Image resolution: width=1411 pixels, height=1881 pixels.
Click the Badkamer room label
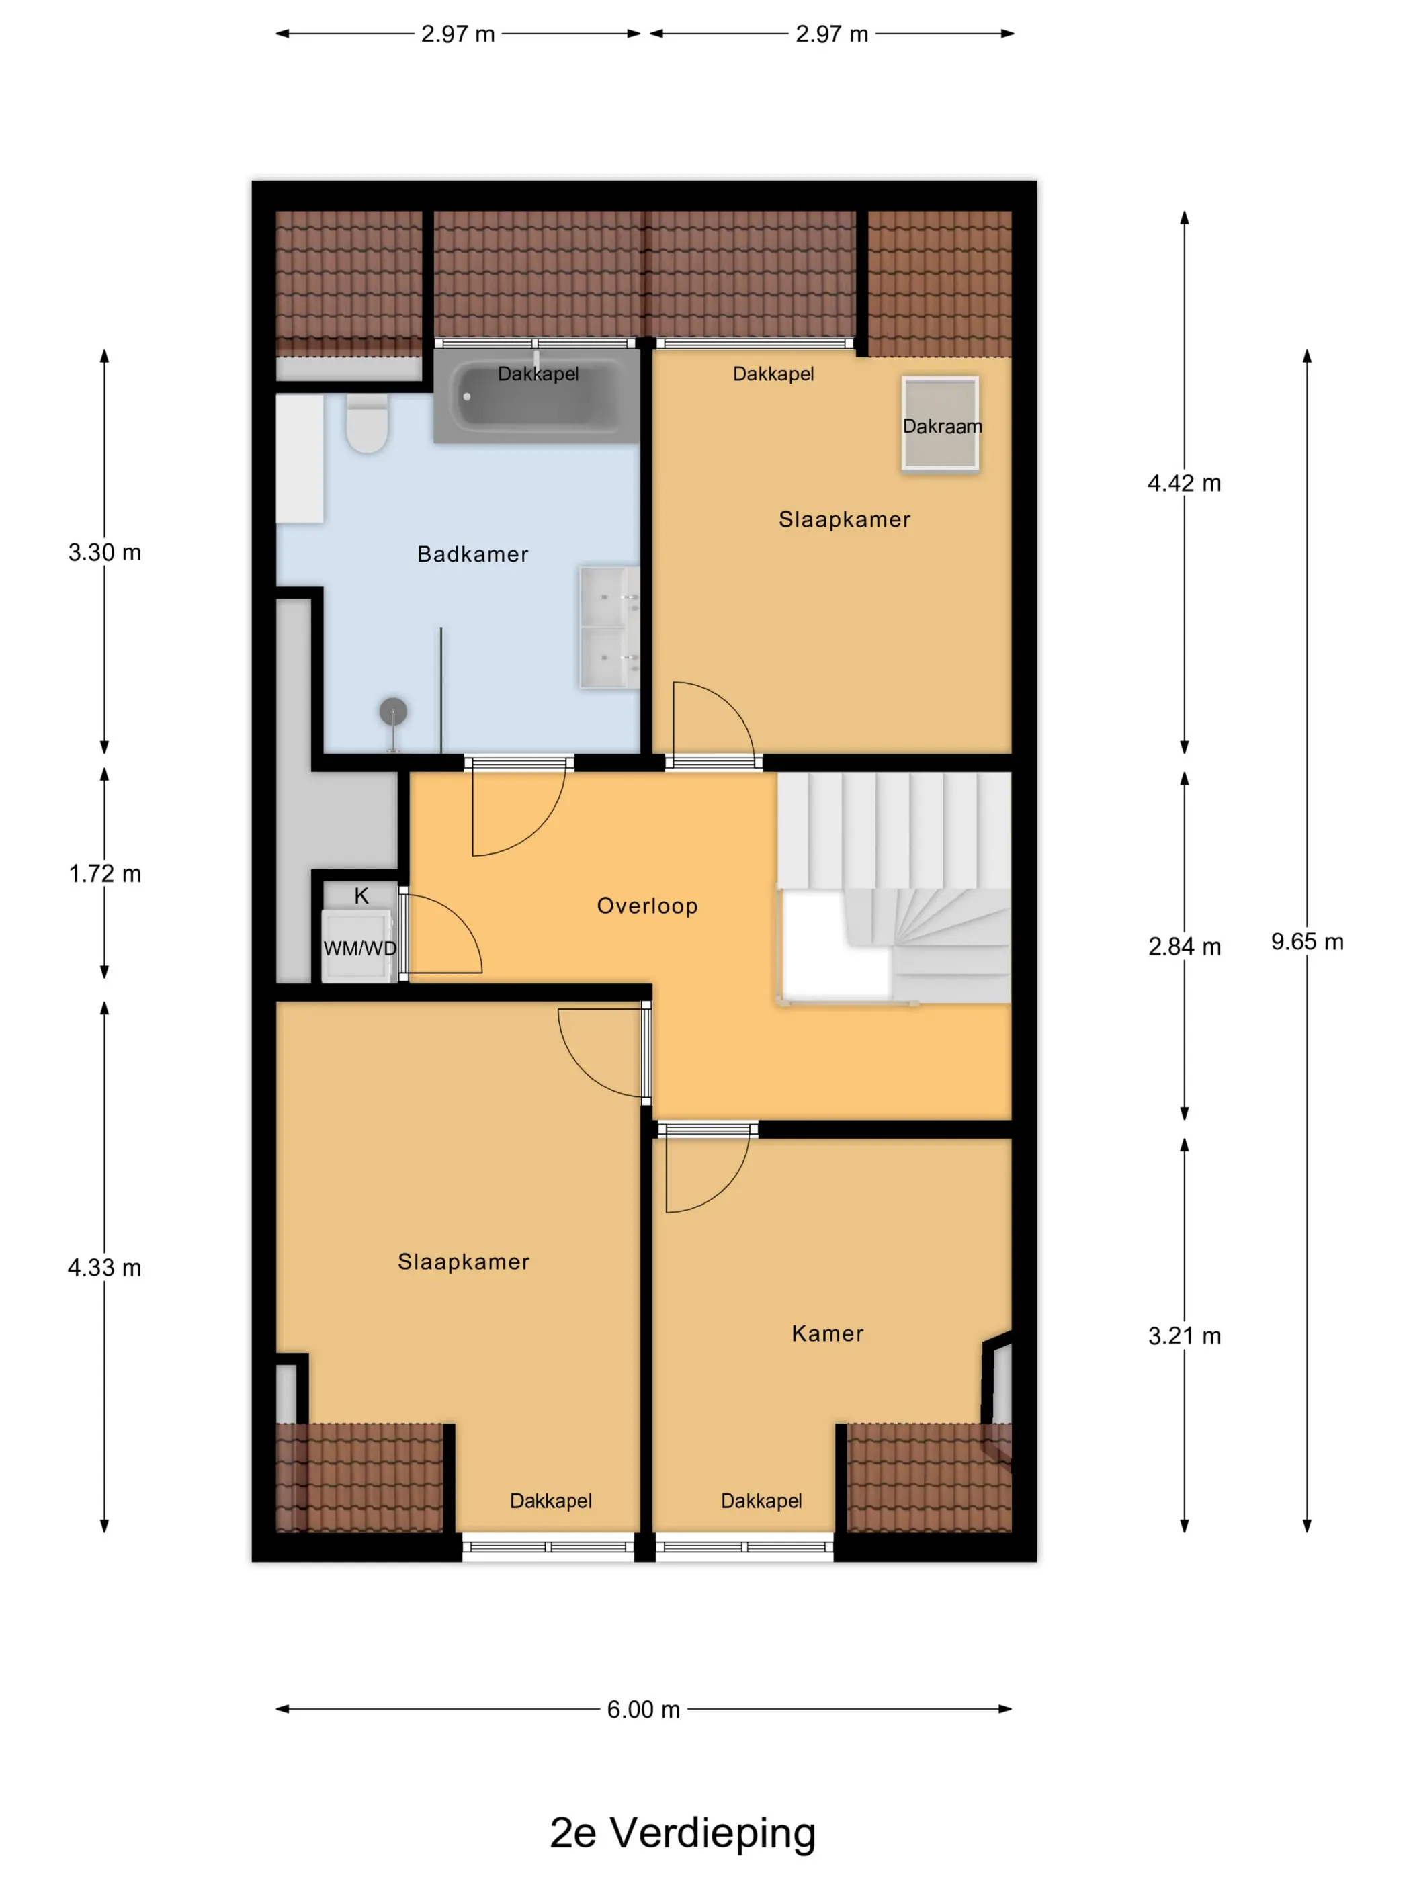[x=472, y=554]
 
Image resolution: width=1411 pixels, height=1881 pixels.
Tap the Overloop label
[x=647, y=906]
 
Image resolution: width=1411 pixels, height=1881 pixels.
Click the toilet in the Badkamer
[x=368, y=423]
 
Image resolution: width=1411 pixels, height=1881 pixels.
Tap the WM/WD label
[x=359, y=948]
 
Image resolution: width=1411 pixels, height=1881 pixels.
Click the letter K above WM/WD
[x=361, y=895]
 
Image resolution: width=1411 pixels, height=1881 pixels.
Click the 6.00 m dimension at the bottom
[x=643, y=1709]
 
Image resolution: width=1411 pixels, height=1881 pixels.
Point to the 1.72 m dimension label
[x=105, y=873]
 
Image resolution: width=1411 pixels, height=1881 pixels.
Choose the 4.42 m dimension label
[x=1184, y=483]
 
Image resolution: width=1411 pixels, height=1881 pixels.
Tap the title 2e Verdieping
[x=682, y=1833]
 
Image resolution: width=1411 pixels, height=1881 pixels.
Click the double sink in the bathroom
[x=609, y=627]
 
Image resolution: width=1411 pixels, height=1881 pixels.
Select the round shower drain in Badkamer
[x=393, y=710]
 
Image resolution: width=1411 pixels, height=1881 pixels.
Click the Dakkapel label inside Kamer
[x=761, y=1501]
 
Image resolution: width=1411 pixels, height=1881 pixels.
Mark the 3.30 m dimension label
[x=105, y=552]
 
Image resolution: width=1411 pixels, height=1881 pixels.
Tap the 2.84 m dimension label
[x=1184, y=947]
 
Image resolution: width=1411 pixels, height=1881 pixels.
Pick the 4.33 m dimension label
[x=105, y=1268]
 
